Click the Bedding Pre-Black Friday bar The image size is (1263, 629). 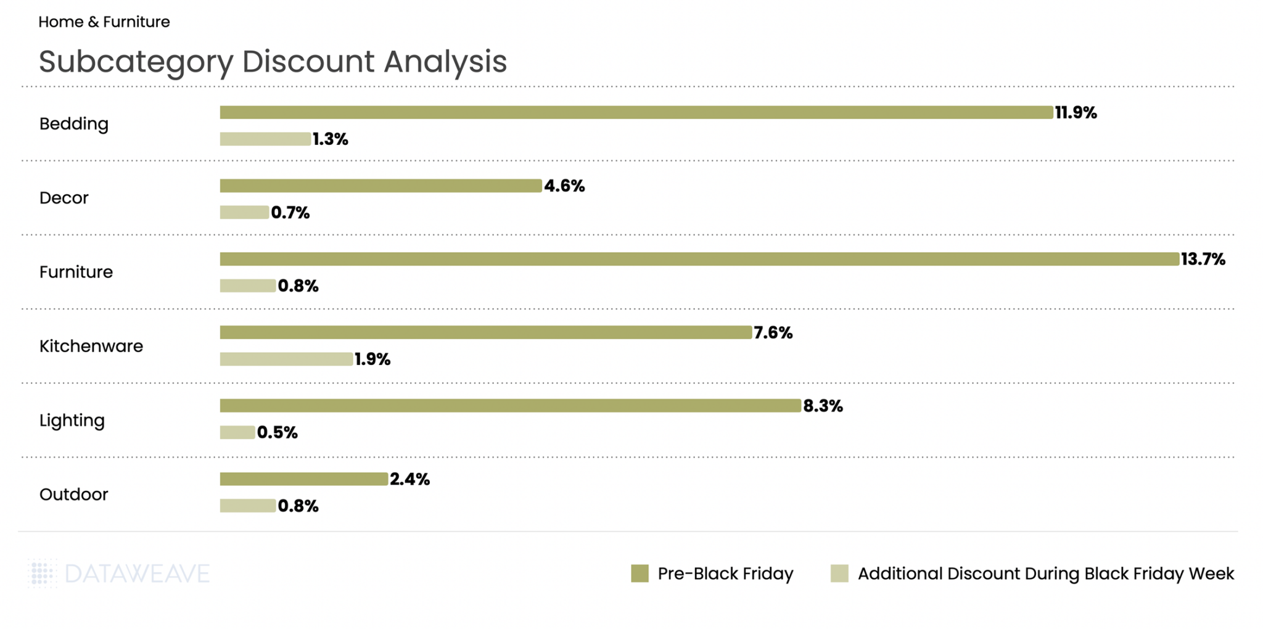tap(636, 112)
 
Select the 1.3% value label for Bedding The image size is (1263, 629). tap(330, 139)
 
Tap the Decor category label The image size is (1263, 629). tap(64, 198)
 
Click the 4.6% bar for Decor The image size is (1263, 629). tap(381, 186)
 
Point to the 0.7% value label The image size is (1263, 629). tap(290, 213)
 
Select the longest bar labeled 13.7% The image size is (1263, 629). tap(699, 259)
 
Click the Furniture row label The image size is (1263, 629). tap(76, 272)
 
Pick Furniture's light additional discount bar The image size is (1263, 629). tap(247, 286)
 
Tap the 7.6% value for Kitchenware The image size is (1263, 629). tap(773, 333)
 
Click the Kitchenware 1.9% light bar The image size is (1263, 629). tap(286, 359)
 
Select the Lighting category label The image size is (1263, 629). tap(72, 421)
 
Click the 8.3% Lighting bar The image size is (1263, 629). tap(510, 406)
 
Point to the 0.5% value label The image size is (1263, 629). tap(277, 433)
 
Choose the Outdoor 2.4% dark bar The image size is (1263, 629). tap(303, 479)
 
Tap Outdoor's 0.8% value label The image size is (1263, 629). tap(298, 506)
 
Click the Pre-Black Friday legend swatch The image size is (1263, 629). tap(640, 573)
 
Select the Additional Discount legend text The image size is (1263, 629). tap(1045, 573)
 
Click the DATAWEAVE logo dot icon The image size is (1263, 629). tap(41, 573)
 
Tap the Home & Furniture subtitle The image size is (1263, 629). tap(104, 22)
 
